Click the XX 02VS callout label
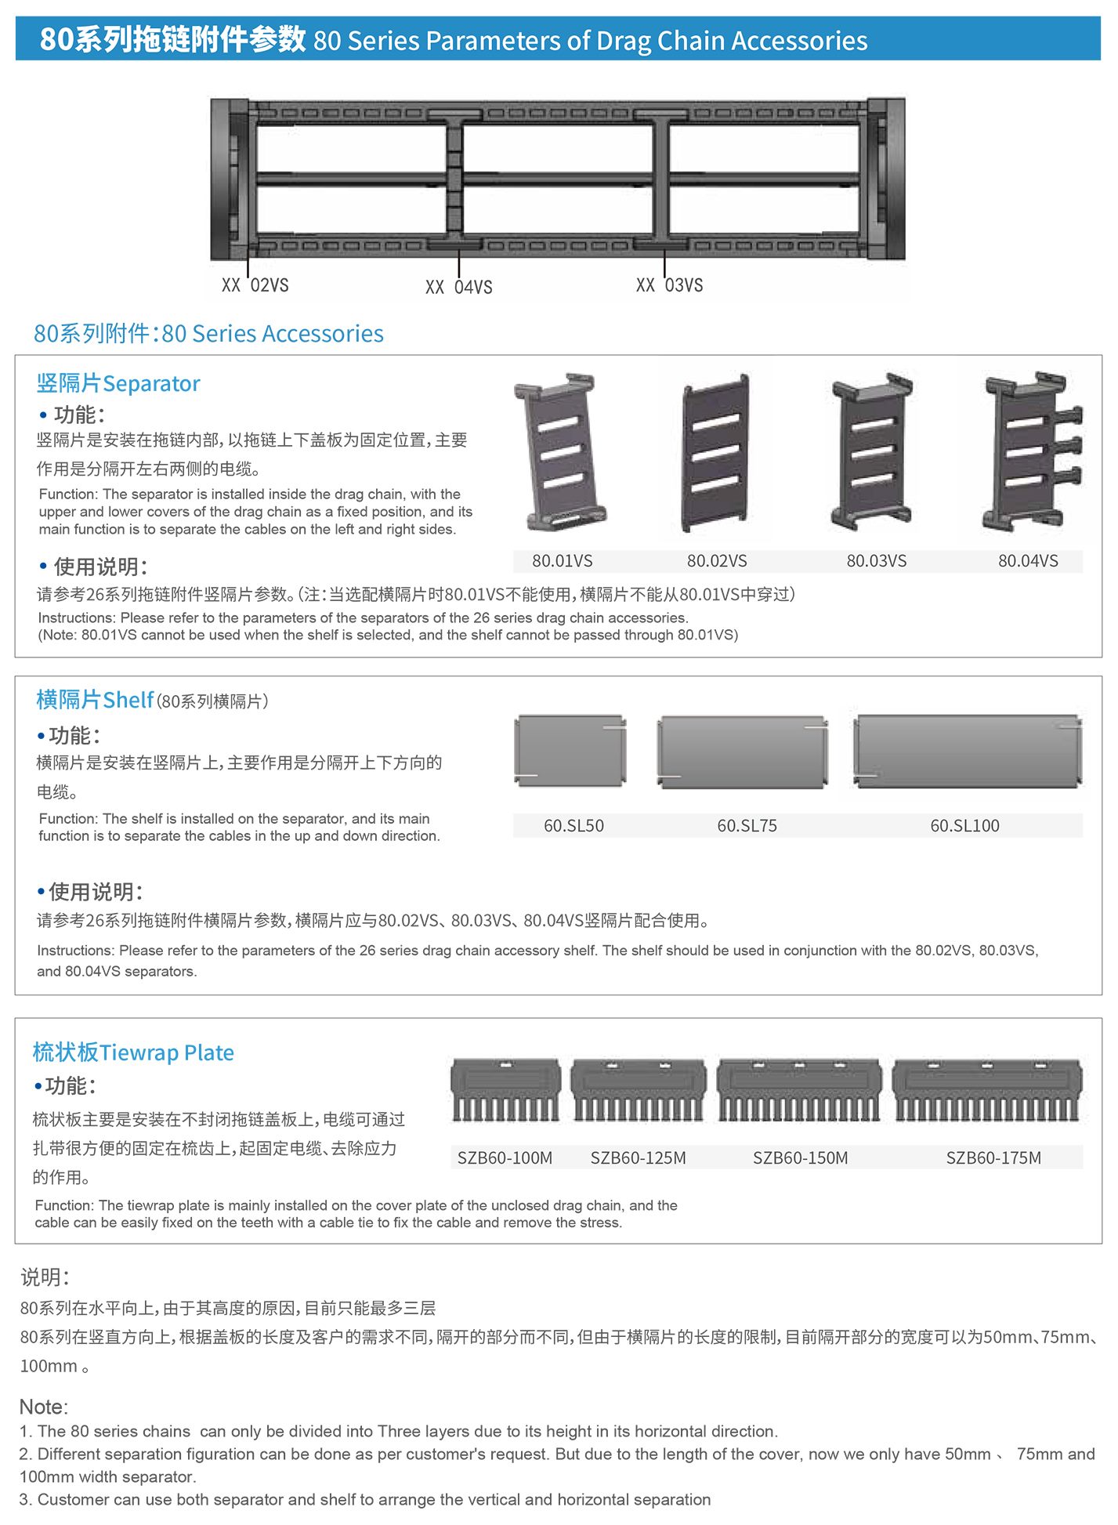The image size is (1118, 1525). [255, 285]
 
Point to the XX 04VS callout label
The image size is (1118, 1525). [459, 288]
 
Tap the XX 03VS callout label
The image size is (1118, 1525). [670, 285]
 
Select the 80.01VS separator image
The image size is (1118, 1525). [559, 453]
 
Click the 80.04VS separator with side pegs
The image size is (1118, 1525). [1033, 452]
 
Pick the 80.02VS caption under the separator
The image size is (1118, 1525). [717, 561]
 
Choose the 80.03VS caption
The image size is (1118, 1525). [877, 561]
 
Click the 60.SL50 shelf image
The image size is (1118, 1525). [570, 750]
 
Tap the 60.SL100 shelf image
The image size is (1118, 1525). [968, 751]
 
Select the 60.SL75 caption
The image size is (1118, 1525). [747, 826]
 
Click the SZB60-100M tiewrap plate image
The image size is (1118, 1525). [505, 1090]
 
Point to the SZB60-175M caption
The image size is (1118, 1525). [993, 1158]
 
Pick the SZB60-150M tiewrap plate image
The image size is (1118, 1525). [799, 1090]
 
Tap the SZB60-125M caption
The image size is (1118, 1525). [639, 1158]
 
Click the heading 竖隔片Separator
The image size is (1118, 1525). [118, 383]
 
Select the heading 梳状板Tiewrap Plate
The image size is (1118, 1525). [133, 1052]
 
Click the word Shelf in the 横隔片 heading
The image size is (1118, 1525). [128, 700]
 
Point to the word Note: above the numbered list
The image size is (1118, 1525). [44, 1407]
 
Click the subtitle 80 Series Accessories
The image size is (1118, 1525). [273, 334]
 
